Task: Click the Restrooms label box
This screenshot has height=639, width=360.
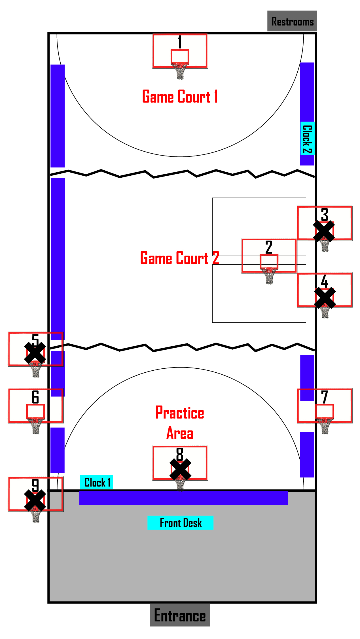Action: pos(292,21)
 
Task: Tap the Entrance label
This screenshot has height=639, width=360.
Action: pos(180,615)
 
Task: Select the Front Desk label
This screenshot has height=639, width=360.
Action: pos(180,523)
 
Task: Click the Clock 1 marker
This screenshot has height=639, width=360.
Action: pos(97,482)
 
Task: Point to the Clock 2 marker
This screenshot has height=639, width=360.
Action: pos(307,139)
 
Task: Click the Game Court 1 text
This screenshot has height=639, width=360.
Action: pos(180,96)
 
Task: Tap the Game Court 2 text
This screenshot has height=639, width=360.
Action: pos(180,258)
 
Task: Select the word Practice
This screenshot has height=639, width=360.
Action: pos(180,413)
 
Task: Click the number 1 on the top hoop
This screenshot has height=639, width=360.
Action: pos(180,42)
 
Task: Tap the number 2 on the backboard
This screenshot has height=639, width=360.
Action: pos(269,247)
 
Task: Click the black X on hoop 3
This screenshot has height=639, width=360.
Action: pos(324,231)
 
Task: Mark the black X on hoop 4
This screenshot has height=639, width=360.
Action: pos(325,298)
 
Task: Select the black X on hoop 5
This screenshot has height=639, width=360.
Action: pos(35,353)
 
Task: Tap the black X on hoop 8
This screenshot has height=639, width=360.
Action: pos(180,469)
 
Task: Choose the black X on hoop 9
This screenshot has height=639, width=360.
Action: pos(35,500)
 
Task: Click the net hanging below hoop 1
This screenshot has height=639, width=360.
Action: pos(180,72)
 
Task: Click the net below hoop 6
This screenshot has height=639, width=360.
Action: pos(36,426)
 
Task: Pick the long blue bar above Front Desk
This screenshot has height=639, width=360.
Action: pos(183,498)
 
